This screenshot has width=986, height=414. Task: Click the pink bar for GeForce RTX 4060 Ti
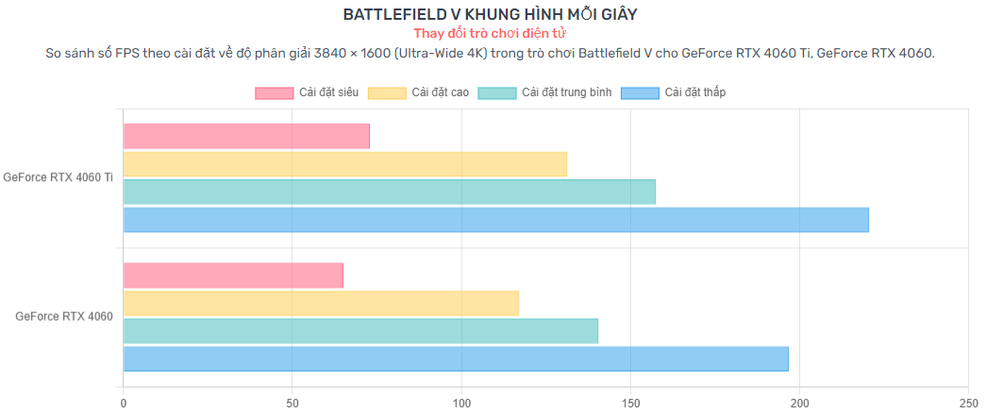[246, 136]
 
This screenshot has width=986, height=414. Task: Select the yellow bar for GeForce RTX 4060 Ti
[345, 164]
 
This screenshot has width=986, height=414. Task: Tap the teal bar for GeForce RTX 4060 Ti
[390, 191]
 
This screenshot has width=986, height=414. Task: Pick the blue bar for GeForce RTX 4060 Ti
[496, 220]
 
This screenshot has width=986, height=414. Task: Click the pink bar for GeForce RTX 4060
[233, 275]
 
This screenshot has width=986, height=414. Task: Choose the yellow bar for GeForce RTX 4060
[321, 303]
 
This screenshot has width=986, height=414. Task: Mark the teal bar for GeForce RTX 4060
[360, 331]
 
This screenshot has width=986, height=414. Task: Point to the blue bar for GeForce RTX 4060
[456, 358]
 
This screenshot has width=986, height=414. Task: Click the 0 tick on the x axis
[124, 403]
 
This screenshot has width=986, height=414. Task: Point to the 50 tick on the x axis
[292, 403]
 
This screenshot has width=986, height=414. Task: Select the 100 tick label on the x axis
[461, 403]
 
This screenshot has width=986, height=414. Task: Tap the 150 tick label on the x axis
[630, 403]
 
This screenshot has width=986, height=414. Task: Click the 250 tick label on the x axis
[968, 403]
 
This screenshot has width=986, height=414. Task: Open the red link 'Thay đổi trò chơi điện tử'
[490, 33]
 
